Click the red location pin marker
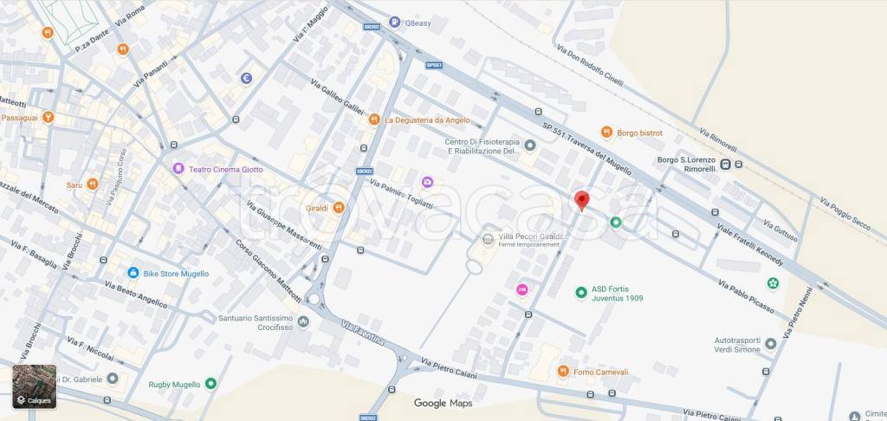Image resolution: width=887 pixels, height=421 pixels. pyautogui.click(x=582, y=200)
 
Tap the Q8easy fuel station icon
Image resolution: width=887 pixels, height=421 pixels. pyautogui.click(x=394, y=23)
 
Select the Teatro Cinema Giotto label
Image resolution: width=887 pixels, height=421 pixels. pyautogui.click(x=219, y=168)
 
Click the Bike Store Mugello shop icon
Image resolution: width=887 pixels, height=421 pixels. pyautogui.click(x=133, y=273)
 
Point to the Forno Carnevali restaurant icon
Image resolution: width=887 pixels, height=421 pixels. pyautogui.click(x=562, y=372)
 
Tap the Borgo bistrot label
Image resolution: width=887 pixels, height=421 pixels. pyautogui.click(x=639, y=133)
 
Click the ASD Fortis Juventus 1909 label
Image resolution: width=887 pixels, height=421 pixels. pyautogui.click(x=617, y=294)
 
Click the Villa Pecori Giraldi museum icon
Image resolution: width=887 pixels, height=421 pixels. pyautogui.click(x=487, y=239)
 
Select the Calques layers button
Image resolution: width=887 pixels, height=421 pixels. pyautogui.click(x=34, y=386)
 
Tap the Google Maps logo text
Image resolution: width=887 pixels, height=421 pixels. pyautogui.click(x=443, y=403)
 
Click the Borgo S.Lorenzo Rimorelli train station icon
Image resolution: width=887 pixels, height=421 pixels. pyautogui.click(x=725, y=165)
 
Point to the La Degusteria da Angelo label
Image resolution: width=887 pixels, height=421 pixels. pyautogui.click(x=427, y=120)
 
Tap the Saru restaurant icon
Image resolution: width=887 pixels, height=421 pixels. pyautogui.click(x=91, y=184)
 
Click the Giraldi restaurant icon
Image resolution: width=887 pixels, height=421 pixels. pyautogui.click(x=339, y=207)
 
